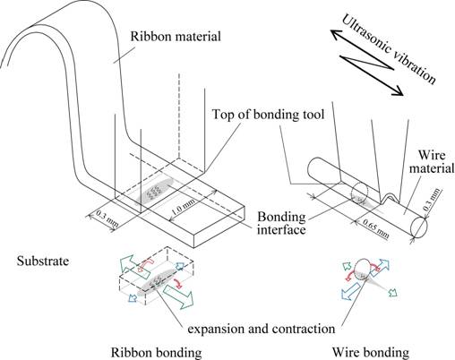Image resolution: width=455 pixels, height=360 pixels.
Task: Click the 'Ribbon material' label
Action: (x=176, y=37)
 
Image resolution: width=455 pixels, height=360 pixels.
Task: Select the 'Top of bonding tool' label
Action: (x=268, y=115)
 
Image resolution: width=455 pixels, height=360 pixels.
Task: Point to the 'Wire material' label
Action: (x=432, y=161)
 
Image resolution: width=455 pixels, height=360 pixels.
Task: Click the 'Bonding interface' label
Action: (x=281, y=223)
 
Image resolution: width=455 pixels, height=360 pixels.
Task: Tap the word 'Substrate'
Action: (x=43, y=261)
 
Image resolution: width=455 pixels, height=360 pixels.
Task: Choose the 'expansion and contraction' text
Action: (x=262, y=329)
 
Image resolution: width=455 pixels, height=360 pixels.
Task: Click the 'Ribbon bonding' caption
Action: (x=156, y=352)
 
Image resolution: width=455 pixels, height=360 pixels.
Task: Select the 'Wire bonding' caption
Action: (x=371, y=352)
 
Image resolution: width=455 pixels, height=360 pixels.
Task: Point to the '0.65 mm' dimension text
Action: (x=375, y=228)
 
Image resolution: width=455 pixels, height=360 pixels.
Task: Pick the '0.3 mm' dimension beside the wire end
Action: (x=432, y=199)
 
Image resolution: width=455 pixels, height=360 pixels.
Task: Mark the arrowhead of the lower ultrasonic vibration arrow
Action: (x=398, y=91)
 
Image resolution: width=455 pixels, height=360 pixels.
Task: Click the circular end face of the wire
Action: (x=419, y=227)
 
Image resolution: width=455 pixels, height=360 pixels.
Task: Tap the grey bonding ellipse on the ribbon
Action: (x=154, y=192)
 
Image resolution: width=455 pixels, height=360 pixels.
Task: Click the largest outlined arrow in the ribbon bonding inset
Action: (x=179, y=296)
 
